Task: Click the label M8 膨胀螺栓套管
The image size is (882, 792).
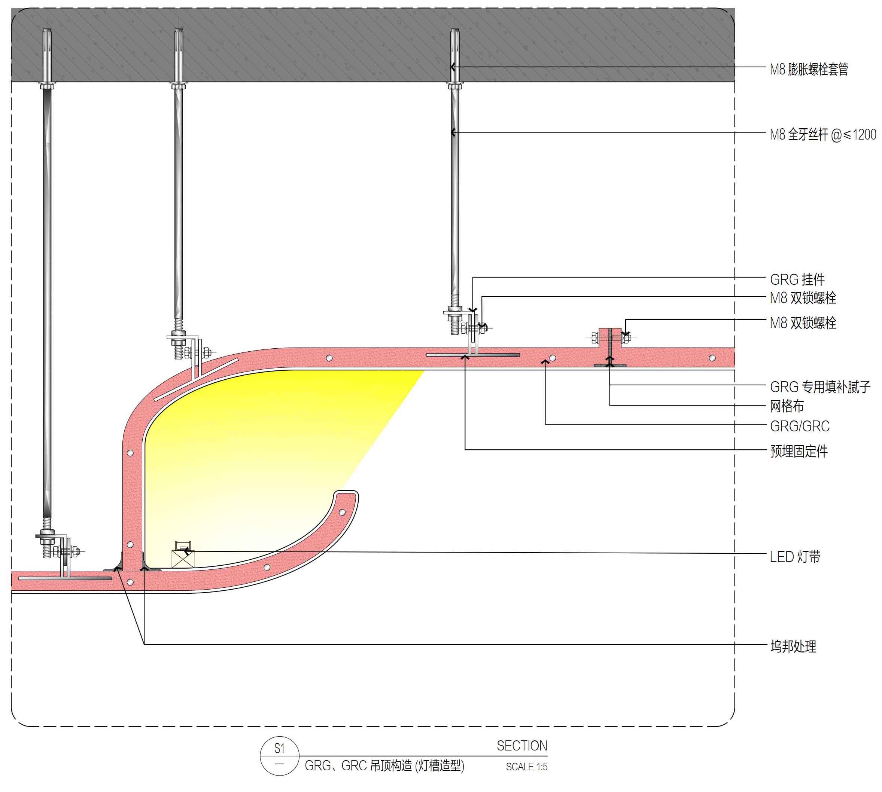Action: click(x=808, y=69)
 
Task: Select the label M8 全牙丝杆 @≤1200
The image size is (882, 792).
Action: click(x=822, y=135)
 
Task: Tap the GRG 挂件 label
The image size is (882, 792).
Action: click(x=797, y=279)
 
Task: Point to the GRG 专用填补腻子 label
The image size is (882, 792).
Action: click(x=820, y=387)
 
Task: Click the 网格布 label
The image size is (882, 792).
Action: click(x=787, y=406)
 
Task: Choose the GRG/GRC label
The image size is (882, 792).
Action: click(x=799, y=426)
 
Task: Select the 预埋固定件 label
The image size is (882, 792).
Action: click(x=799, y=451)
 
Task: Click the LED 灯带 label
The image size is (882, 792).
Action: click(x=794, y=557)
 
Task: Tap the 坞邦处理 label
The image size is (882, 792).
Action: click(x=793, y=646)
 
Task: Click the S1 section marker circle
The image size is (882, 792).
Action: click(x=280, y=755)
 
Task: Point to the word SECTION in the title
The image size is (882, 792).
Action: click(x=521, y=746)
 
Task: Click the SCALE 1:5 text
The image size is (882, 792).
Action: click(x=526, y=767)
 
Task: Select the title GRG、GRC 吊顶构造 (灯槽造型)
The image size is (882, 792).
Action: click(x=384, y=766)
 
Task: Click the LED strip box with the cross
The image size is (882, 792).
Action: click(x=183, y=559)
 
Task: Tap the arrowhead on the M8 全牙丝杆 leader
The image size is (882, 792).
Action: click(x=454, y=132)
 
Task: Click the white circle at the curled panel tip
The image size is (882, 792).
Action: click(x=342, y=512)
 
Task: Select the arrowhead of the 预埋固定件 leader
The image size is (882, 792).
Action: click(x=465, y=357)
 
